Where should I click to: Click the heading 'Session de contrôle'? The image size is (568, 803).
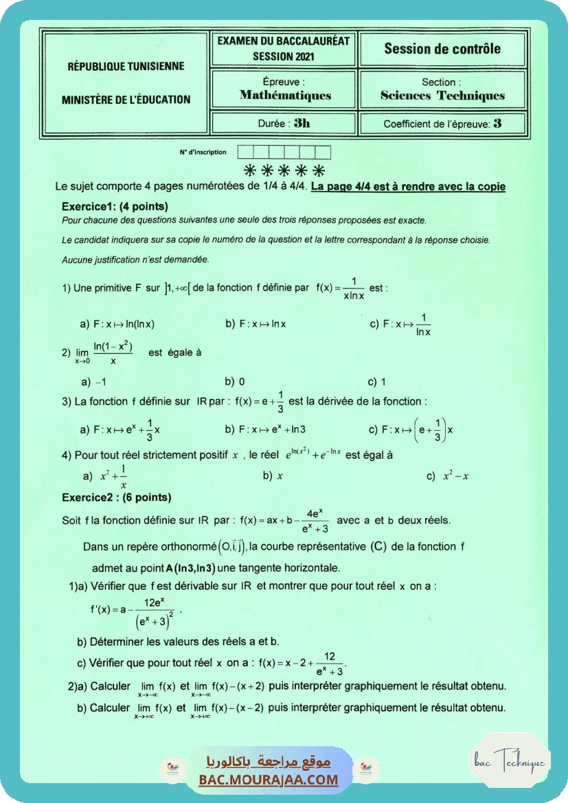click(442, 49)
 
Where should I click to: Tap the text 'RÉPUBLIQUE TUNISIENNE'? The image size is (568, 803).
click(126, 67)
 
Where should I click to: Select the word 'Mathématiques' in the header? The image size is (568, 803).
click(285, 95)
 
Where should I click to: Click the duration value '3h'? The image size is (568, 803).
click(302, 124)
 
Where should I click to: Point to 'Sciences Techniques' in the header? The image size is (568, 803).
click(442, 95)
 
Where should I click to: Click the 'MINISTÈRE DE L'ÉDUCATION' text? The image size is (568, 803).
click(126, 100)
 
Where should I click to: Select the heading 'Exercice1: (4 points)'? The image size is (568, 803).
click(115, 206)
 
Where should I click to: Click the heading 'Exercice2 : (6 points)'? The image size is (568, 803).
click(116, 497)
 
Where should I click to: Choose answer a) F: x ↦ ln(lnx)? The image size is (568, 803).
click(122, 324)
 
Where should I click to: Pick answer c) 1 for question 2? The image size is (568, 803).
click(377, 381)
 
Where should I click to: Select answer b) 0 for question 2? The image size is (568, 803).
click(235, 381)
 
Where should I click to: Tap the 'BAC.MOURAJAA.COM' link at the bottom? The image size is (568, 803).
click(268, 780)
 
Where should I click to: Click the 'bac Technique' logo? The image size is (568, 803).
click(509, 762)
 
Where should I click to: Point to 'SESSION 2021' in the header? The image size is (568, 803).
click(284, 56)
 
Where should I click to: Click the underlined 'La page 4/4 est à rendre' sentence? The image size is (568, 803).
click(408, 187)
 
